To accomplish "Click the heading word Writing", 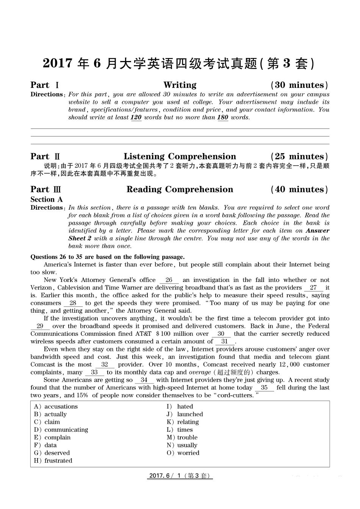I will point(180,85).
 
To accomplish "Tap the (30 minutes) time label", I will point(299,85).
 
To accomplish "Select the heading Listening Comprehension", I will point(180,157).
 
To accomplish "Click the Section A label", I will point(47,199).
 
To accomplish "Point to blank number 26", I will point(169,280).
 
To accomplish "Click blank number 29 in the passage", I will point(40,326).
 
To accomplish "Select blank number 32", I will point(105,365).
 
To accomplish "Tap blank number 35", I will point(264,388).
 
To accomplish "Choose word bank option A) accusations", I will point(56,407).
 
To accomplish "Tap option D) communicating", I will point(61,430).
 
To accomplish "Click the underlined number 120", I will point(136,117).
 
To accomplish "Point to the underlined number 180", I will point(223,117).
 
